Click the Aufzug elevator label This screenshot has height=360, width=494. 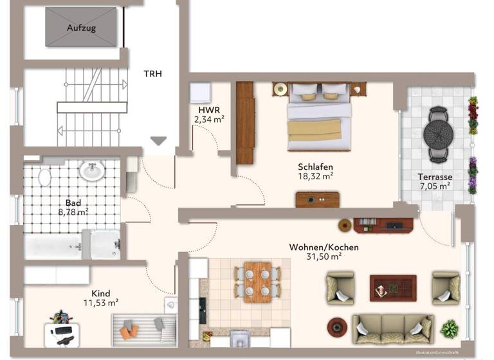[x=80, y=28]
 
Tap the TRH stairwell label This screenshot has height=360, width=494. [x=152, y=73]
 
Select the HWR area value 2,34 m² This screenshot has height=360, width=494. [x=209, y=118]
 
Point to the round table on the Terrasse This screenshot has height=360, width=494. [x=439, y=134]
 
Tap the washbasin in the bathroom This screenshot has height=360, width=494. [x=92, y=170]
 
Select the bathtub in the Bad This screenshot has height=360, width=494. [x=53, y=246]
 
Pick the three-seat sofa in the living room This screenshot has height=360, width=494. [x=392, y=328]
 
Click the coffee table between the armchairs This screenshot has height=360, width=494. [x=392, y=287]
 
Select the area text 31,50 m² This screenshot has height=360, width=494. [x=324, y=256]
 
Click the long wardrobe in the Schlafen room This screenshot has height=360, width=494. [x=245, y=122]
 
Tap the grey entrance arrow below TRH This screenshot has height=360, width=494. [x=158, y=141]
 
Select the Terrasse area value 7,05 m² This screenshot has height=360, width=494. [x=434, y=186]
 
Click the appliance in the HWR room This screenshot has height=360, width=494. [x=200, y=93]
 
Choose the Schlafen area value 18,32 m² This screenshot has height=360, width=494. [x=315, y=175]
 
